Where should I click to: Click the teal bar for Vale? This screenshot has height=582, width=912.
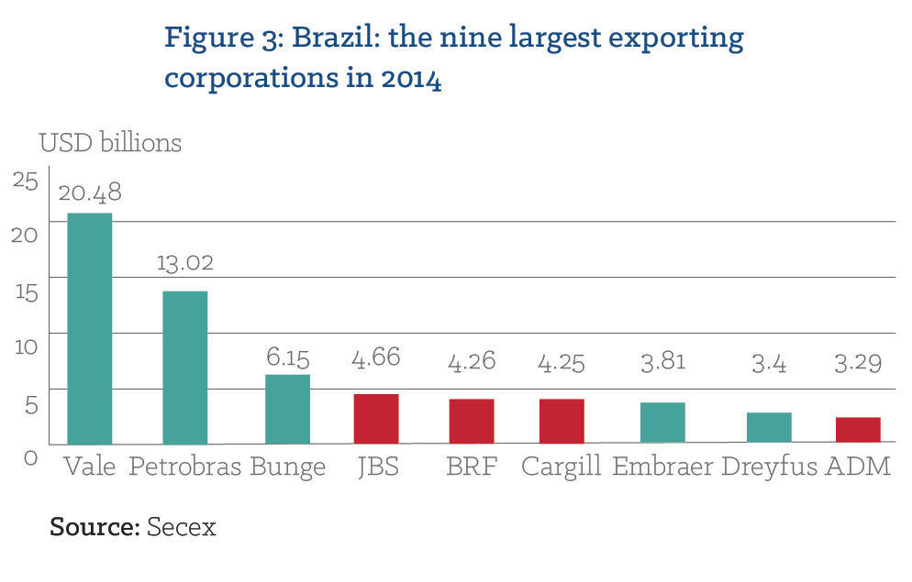click(90, 328)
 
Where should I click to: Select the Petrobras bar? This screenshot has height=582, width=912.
click(184, 367)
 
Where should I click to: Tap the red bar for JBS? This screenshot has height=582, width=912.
click(375, 419)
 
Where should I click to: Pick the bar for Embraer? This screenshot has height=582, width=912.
click(662, 423)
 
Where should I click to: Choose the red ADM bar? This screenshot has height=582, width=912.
click(858, 430)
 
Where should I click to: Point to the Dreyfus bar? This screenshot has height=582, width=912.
click(769, 428)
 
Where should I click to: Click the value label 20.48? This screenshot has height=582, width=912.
click(89, 193)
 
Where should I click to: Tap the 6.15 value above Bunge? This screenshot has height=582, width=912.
click(287, 357)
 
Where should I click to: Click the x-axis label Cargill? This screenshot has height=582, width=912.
click(561, 467)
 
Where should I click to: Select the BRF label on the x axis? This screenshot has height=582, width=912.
click(471, 467)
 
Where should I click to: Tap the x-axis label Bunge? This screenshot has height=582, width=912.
click(287, 467)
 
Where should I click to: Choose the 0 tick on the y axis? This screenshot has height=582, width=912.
click(30, 456)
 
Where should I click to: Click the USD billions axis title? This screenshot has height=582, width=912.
click(110, 143)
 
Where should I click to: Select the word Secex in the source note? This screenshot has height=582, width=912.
click(182, 527)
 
